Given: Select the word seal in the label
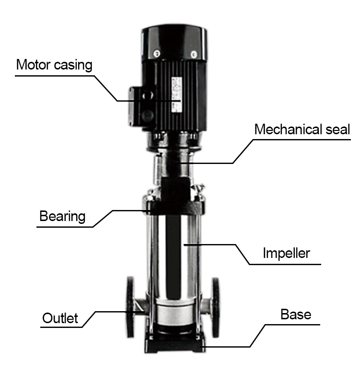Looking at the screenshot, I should pos(338,129).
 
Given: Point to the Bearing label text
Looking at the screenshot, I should pos(62,216).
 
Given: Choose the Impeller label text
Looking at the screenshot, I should pos(286,253).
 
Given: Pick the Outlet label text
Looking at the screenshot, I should pos(60,318).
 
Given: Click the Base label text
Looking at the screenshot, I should pos(296,315).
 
